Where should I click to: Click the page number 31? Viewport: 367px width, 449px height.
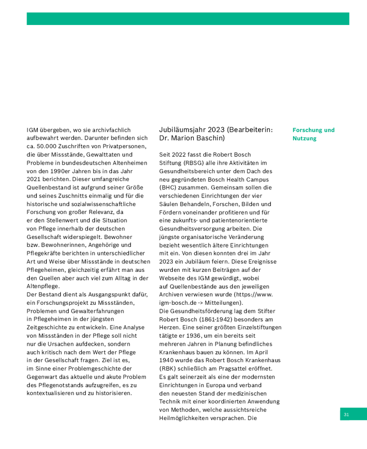click(x=346, y=415)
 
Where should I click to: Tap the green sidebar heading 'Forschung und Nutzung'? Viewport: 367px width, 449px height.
click(x=313, y=134)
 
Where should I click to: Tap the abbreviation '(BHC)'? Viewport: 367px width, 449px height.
click(x=167, y=187)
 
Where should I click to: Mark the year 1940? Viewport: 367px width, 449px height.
click(x=167, y=360)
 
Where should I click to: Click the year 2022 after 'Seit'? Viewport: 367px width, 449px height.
click(x=179, y=155)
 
